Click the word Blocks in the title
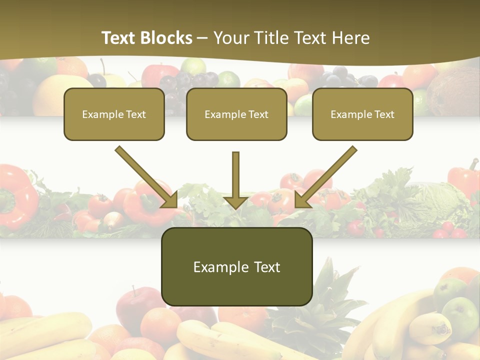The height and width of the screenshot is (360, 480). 166,38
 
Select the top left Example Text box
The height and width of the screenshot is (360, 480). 114,114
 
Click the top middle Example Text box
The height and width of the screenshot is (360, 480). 236,114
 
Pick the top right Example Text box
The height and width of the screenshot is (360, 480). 362,114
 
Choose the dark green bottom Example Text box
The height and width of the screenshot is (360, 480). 237,266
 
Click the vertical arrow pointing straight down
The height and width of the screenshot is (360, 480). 236,180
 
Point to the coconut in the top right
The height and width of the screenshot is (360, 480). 453,92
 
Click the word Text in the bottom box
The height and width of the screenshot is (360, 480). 266,267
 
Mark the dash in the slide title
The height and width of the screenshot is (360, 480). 202,38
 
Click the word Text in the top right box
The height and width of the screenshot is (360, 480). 384,114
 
